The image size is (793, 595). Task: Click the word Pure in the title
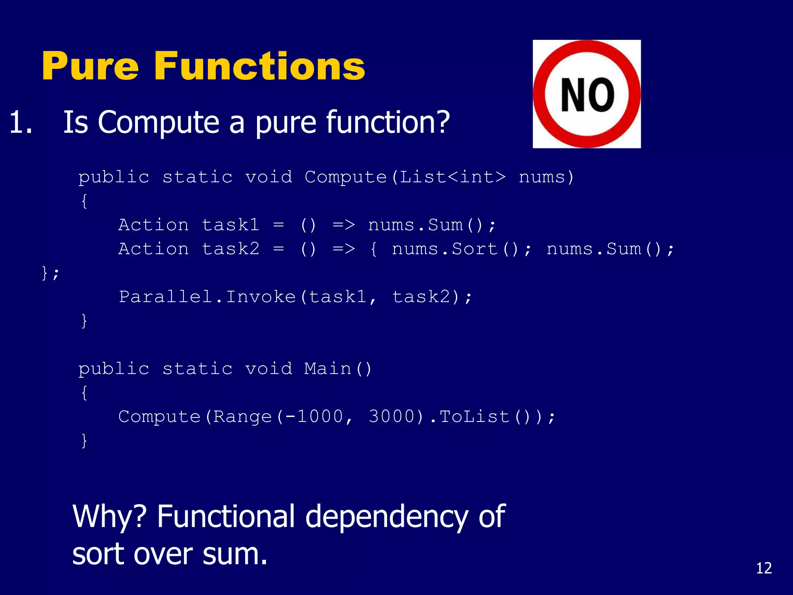[90, 67]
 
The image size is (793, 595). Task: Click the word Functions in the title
[259, 67]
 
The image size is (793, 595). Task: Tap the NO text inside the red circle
[587, 95]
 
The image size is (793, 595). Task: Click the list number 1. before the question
[21, 123]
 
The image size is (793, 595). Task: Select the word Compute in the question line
[159, 123]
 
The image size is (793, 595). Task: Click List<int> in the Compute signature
[452, 177]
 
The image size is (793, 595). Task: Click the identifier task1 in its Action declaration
[230, 225]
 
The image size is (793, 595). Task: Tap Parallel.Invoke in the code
[207, 297]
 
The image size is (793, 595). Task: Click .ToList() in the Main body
[480, 417]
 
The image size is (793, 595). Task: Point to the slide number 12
[764, 568]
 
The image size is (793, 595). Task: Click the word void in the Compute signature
[268, 177]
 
